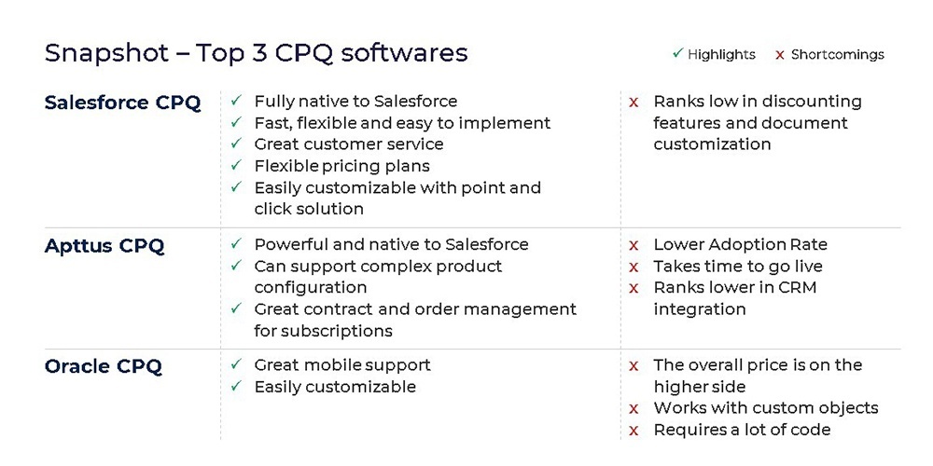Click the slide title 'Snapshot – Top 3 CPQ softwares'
point(256,53)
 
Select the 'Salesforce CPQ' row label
point(122,103)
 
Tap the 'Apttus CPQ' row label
point(104,245)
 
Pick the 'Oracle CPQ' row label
point(103,366)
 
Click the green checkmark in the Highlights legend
point(677,54)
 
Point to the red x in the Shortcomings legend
point(779,55)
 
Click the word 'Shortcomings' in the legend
point(838,55)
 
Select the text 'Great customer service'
point(349,144)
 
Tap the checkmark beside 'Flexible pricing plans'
point(236,165)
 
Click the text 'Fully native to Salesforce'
point(355,102)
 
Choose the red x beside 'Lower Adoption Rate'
point(634,245)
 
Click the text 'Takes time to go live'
point(738,267)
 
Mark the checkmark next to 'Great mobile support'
point(236,364)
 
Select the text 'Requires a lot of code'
point(742,430)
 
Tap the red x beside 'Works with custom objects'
point(634,409)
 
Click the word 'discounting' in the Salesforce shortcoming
point(812,102)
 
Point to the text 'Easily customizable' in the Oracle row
point(335,387)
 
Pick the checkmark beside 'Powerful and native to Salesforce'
point(236,244)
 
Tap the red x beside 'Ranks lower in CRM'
point(634,288)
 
